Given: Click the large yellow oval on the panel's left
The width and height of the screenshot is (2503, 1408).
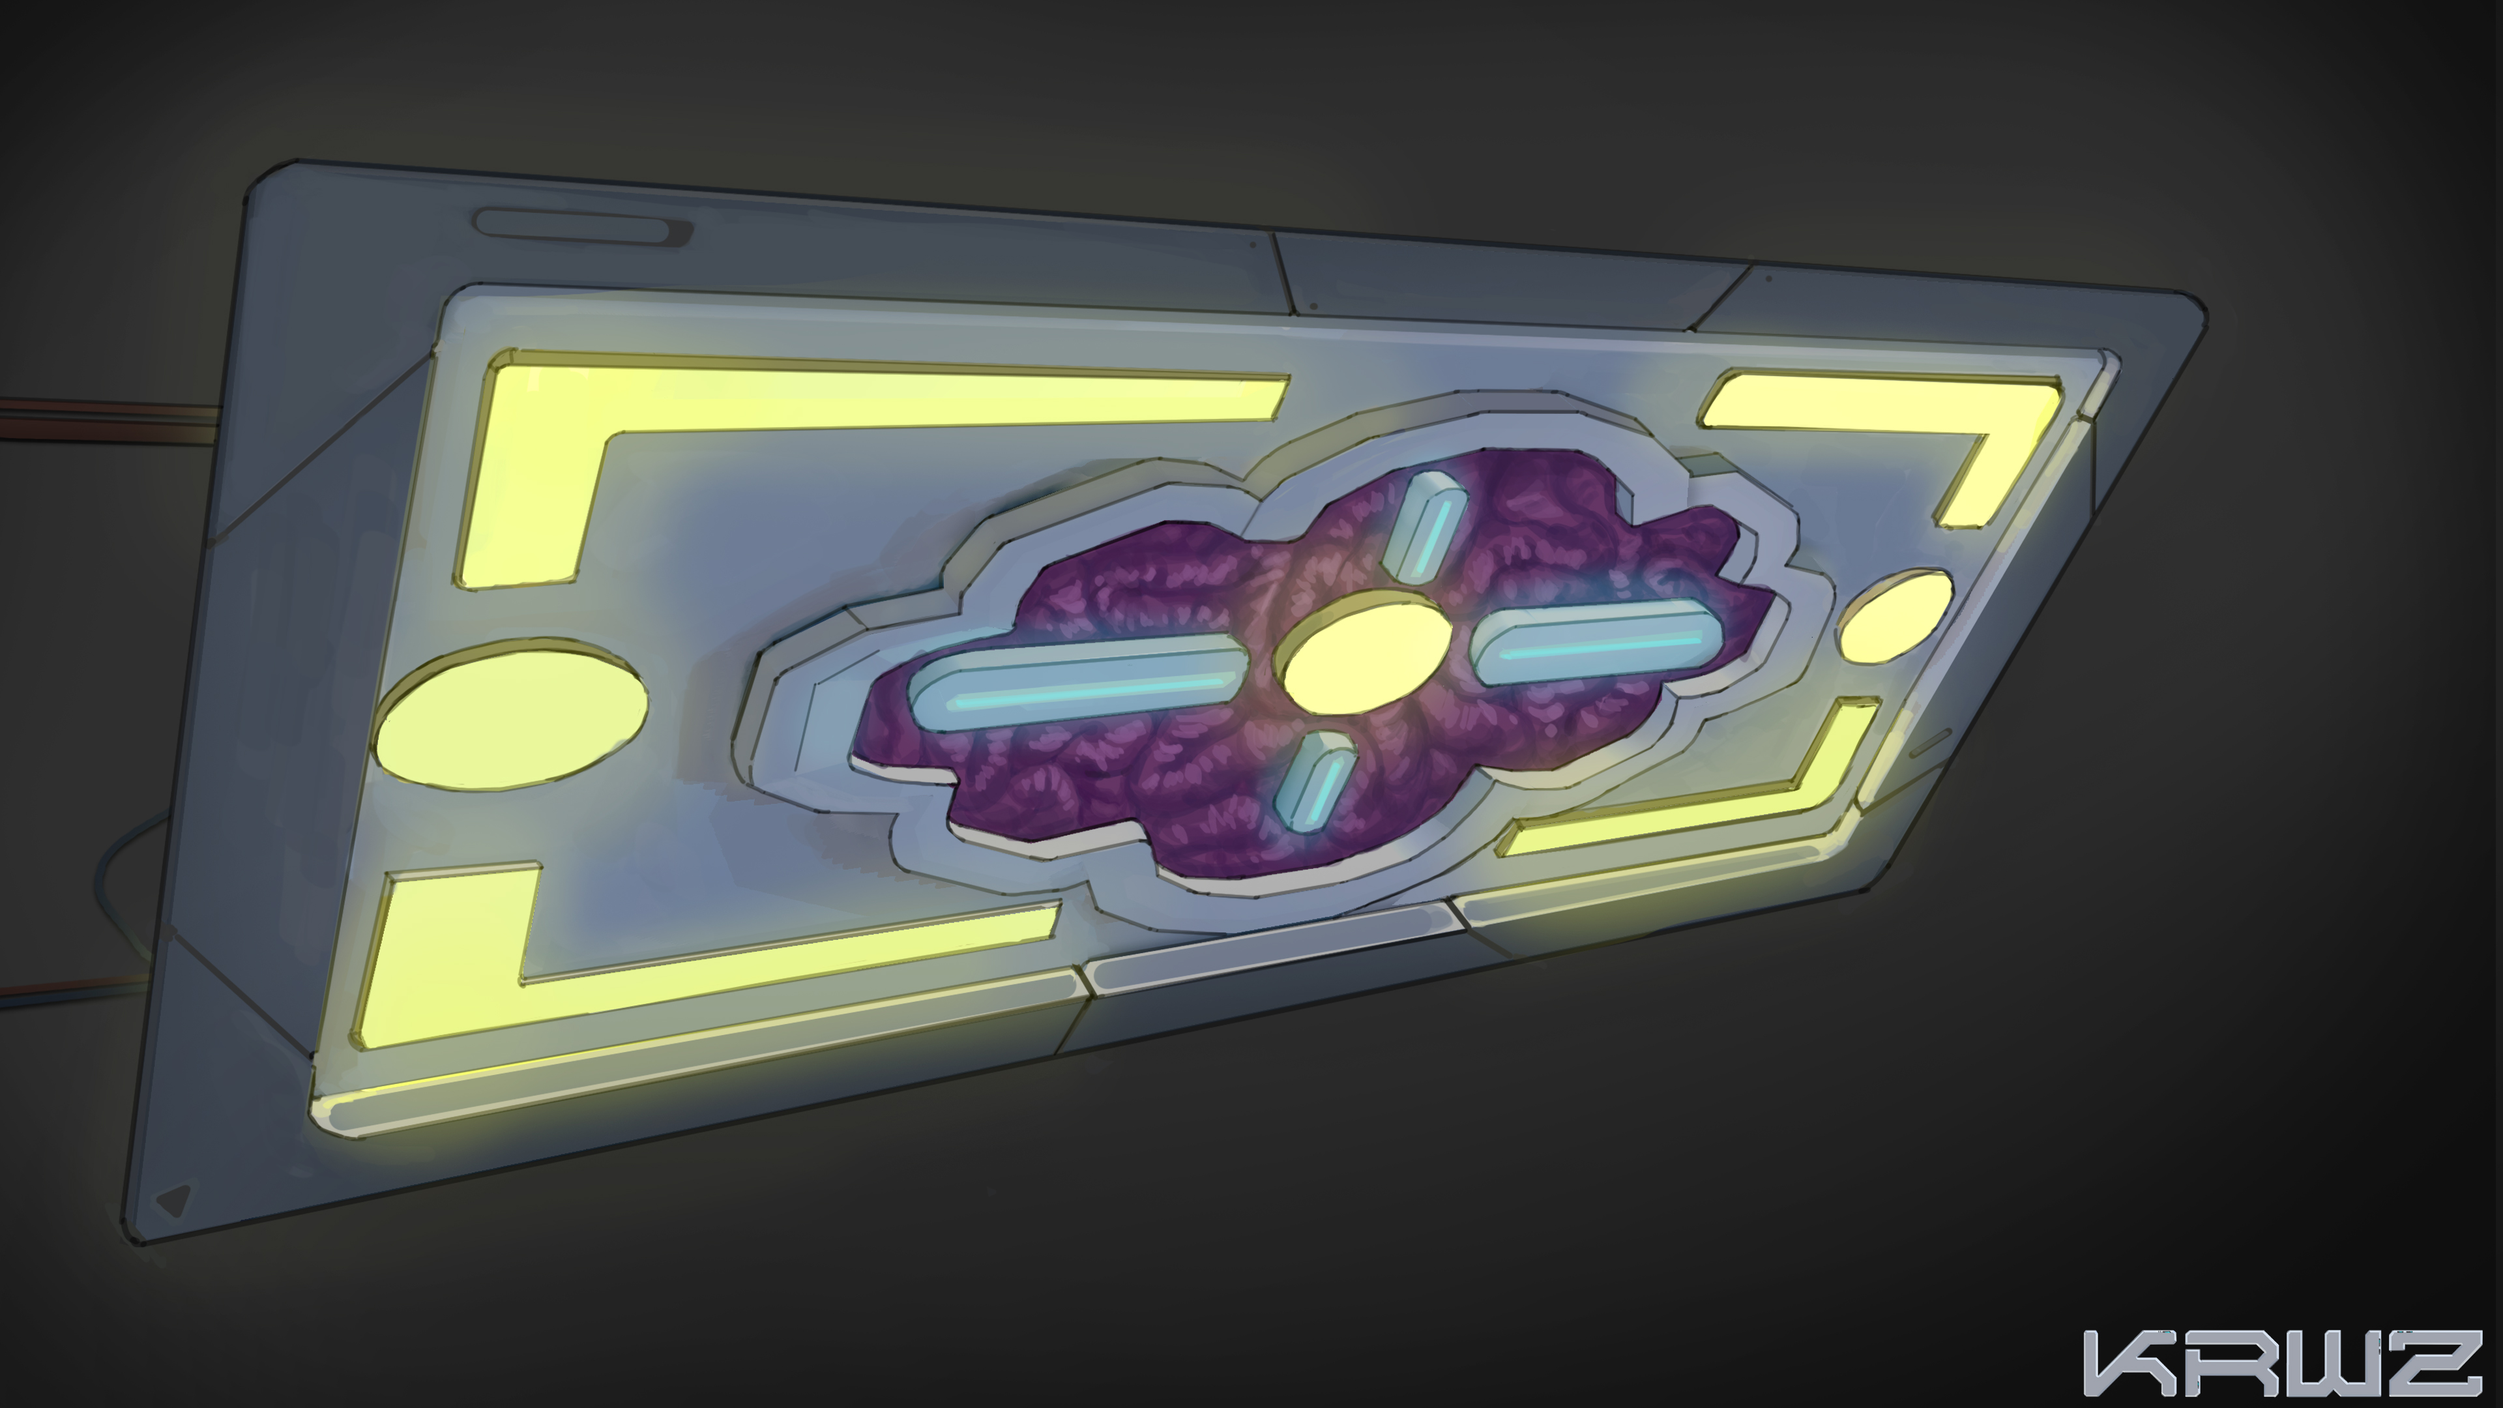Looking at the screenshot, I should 510,714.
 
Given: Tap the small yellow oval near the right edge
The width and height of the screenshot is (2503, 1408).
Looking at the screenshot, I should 1896,617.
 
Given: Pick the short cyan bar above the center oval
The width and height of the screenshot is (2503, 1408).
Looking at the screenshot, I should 1426,525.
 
